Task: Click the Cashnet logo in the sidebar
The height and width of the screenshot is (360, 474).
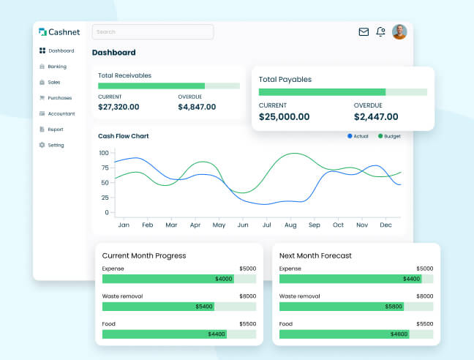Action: click(x=60, y=32)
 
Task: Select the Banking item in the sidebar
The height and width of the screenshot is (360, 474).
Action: click(x=56, y=67)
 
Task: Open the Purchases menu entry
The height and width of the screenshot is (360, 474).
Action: click(x=59, y=98)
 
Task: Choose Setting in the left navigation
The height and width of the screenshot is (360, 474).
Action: click(x=56, y=145)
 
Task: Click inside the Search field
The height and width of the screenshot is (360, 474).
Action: click(x=152, y=32)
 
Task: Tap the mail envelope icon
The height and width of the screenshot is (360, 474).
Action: click(x=364, y=32)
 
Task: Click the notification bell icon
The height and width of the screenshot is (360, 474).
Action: click(x=380, y=32)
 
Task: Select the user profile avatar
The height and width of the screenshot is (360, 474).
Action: click(x=399, y=32)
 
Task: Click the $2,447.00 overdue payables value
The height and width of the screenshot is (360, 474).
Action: click(x=376, y=117)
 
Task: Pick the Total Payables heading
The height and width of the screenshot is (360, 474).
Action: click(x=285, y=79)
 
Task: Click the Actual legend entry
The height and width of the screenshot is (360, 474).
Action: click(x=358, y=136)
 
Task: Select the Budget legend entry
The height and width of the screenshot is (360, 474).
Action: click(x=389, y=136)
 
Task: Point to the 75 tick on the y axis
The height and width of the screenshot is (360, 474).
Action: click(x=104, y=168)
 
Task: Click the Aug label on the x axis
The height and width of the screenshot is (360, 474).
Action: click(x=290, y=225)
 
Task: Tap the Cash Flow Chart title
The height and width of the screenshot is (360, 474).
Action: click(x=124, y=136)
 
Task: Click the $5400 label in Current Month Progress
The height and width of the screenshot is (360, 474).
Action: click(x=203, y=307)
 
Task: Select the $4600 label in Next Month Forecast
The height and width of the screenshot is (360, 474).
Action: click(x=399, y=334)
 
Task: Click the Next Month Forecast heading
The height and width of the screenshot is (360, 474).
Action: click(x=315, y=255)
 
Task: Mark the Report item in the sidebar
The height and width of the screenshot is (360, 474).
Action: click(x=56, y=130)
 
